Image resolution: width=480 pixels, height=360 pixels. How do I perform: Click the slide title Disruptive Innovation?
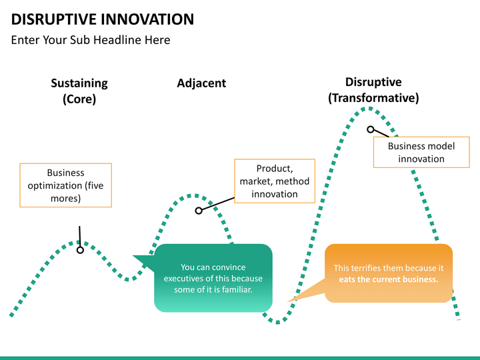[x=103, y=19]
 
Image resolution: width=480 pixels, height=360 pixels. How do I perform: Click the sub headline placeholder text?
[x=91, y=40]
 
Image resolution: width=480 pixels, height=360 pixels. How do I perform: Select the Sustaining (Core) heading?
[x=79, y=91]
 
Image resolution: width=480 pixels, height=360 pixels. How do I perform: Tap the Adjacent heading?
[x=201, y=83]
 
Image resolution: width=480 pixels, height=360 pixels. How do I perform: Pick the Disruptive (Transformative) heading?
[x=373, y=90]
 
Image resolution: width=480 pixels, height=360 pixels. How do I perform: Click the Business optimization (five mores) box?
[x=65, y=185]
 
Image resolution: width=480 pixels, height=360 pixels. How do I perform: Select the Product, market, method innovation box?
[x=275, y=181]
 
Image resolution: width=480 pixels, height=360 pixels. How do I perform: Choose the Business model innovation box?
[x=421, y=152]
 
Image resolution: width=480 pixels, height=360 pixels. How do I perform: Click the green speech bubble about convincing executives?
[x=213, y=278]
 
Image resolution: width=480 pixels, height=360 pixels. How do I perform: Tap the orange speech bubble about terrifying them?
[x=388, y=273]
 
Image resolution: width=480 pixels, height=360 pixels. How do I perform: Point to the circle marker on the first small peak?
[x=80, y=249]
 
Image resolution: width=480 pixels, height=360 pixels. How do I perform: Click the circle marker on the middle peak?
[x=198, y=211]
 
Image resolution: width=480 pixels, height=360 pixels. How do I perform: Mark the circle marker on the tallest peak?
[x=370, y=129]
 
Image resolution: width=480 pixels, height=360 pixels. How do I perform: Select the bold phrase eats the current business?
[x=388, y=279]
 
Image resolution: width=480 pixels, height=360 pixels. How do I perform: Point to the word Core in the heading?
[x=79, y=99]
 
